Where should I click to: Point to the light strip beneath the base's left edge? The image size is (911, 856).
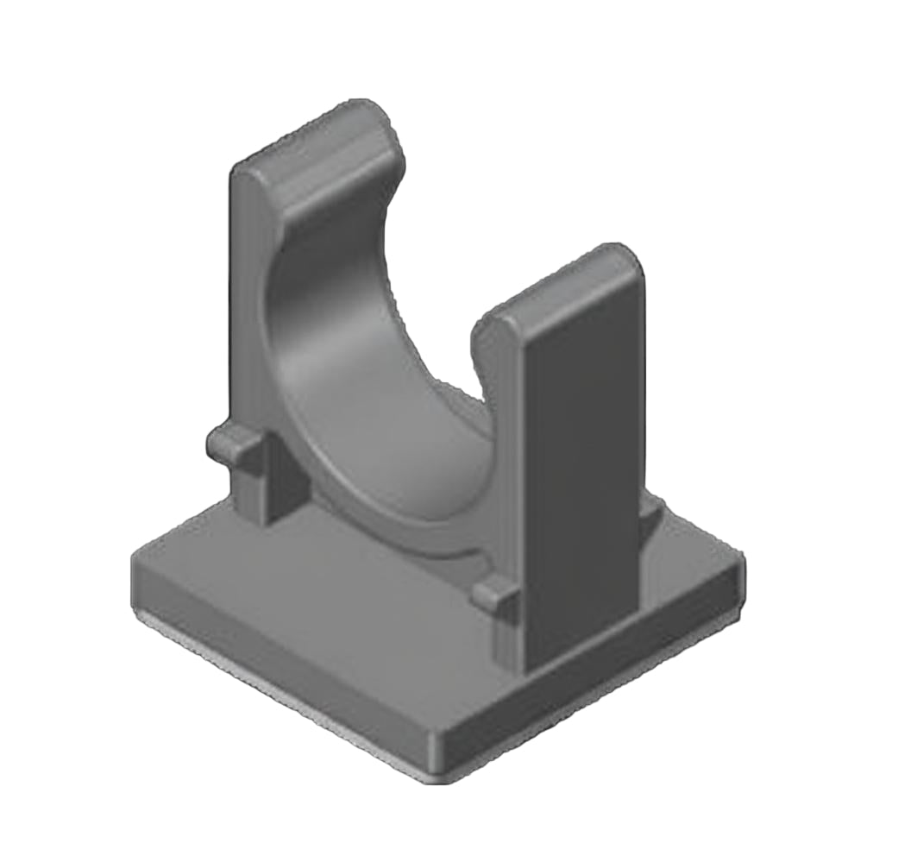[x=259, y=690]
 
